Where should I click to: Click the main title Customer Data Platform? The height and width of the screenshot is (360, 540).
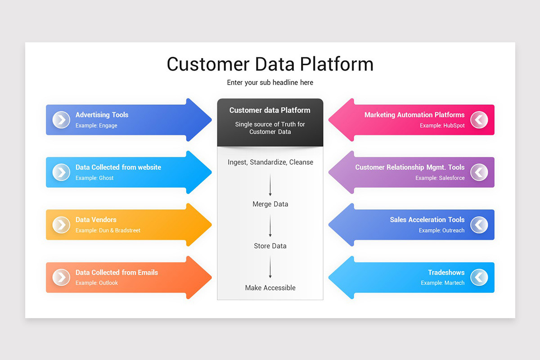coord(270,64)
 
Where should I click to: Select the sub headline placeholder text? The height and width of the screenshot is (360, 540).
coord(270,83)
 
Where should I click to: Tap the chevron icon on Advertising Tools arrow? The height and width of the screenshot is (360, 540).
coord(61,120)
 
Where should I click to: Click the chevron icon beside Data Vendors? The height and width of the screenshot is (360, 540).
coord(61,225)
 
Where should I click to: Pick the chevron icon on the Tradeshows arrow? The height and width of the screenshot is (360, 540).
coord(479,277)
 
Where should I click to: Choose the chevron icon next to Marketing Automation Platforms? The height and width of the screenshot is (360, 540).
coord(479,120)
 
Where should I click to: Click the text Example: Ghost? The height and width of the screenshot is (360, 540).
coord(94,178)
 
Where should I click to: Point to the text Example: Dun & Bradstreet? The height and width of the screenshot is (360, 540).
coord(108,230)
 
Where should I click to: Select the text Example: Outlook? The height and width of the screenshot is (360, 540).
coord(97,283)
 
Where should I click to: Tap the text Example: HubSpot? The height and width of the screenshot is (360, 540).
coord(442,126)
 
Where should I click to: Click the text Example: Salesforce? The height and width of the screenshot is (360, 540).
coord(440,178)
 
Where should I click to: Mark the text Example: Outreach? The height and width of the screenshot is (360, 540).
coord(441,230)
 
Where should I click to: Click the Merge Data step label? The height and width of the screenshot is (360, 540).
coord(270,204)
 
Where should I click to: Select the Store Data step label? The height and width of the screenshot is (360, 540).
coord(270,246)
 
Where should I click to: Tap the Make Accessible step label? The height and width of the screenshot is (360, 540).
coord(270,288)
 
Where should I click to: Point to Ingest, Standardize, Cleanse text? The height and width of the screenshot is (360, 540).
coord(270,162)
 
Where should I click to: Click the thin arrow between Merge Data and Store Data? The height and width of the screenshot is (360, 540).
coord(270,225)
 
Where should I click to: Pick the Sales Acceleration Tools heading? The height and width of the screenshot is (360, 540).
coord(427,220)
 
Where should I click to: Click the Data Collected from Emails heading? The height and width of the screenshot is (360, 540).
coord(117,273)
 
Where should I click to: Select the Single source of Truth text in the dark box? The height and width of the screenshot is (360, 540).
coord(270,128)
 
